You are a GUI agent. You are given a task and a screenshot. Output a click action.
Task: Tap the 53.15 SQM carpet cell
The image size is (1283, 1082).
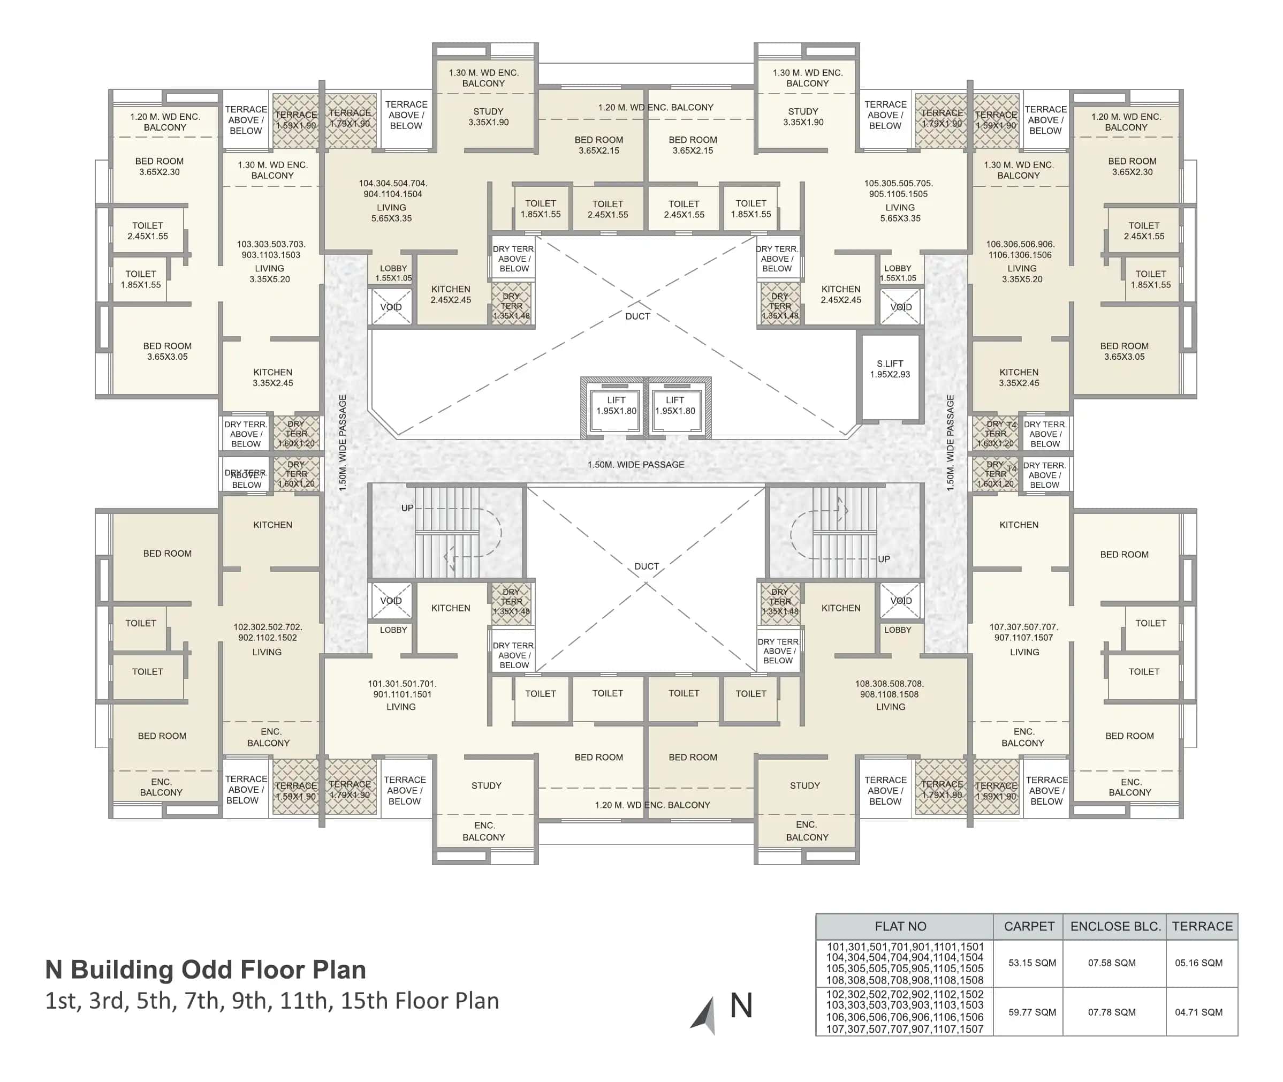[1031, 963]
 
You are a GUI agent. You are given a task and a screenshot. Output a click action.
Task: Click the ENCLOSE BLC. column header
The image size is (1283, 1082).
[1114, 926]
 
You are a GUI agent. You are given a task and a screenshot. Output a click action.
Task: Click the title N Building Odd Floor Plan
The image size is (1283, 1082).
[206, 969]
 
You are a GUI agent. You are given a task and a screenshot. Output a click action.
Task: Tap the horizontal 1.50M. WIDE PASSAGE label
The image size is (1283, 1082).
[635, 464]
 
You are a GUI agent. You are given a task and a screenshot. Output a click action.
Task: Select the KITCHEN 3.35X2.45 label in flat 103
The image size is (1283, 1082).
[272, 377]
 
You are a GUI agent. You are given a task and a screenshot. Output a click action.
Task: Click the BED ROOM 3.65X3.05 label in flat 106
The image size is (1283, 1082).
[1123, 351]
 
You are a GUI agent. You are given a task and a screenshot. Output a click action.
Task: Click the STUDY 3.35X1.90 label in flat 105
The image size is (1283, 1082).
[803, 117]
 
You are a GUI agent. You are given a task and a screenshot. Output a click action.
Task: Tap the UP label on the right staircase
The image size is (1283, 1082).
[883, 559]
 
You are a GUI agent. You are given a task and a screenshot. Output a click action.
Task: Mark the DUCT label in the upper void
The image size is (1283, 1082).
[637, 316]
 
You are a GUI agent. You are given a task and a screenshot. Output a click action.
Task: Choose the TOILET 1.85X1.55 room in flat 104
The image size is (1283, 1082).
[540, 209]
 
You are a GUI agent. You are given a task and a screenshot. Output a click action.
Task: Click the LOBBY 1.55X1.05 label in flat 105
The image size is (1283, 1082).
[897, 273]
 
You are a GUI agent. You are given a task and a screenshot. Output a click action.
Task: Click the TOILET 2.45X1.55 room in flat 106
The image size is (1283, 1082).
[1143, 231]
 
